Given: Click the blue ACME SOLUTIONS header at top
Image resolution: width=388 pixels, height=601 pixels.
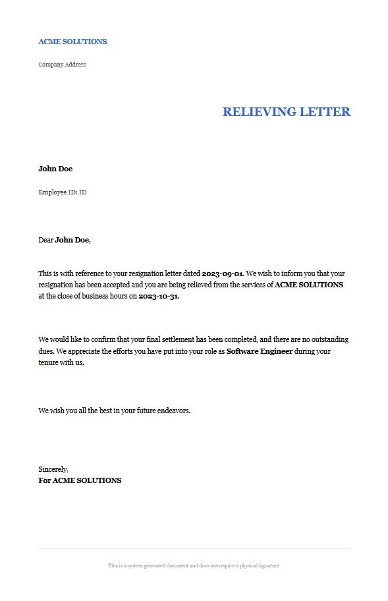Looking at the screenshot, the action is pyautogui.click(x=72, y=42).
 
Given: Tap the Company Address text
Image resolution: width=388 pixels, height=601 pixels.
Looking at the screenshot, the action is pyautogui.click(x=62, y=65).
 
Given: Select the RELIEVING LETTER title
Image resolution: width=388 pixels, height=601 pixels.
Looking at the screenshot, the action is pyautogui.click(x=286, y=112).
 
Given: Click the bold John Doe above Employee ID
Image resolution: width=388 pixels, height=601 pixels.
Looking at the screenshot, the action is pyautogui.click(x=55, y=169).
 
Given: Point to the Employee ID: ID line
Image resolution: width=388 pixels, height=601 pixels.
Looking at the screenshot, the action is pyautogui.click(x=63, y=192).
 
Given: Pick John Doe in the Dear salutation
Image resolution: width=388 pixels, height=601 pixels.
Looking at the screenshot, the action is pyautogui.click(x=72, y=240).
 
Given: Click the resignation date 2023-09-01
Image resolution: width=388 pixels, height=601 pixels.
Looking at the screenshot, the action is pyautogui.click(x=223, y=273).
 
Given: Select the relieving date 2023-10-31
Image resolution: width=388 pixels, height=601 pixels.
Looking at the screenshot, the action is pyautogui.click(x=158, y=297).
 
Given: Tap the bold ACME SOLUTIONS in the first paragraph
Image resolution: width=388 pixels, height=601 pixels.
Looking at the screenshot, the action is pyautogui.click(x=308, y=285).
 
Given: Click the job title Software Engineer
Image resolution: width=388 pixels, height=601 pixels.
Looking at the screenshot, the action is pyautogui.click(x=260, y=351).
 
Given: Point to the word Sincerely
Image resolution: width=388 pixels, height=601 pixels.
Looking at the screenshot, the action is pyautogui.click(x=53, y=469).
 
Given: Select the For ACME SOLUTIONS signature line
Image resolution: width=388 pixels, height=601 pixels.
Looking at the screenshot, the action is pyautogui.click(x=80, y=480).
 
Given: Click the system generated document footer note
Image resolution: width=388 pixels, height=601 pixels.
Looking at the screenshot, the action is pyautogui.click(x=194, y=565).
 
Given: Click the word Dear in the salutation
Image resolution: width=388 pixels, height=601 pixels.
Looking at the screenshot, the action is pyautogui.click(x=45, y=240).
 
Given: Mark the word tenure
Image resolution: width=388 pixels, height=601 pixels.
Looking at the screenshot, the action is pyautogui.click(x=48, y=363).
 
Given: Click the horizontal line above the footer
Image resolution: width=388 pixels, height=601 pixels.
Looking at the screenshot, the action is pyautogui.click(x=194, y=548).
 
